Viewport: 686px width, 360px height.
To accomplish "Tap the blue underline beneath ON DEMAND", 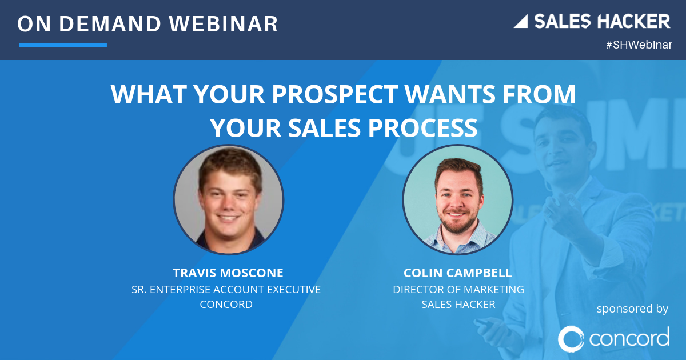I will point(63,45).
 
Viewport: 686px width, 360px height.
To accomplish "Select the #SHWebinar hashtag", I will point(639,45).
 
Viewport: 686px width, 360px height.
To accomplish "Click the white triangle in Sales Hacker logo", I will point(521,22).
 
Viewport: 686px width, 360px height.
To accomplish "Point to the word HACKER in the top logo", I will point(634,22).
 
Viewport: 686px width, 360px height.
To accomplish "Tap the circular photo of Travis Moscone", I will point(229,200).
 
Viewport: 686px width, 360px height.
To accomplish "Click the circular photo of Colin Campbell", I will point(457,200).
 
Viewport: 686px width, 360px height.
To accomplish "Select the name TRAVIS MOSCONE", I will point(228,273).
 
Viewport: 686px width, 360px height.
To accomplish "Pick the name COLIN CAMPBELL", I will point(458,273).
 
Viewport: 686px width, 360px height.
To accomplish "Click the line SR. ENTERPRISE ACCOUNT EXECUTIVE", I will point(226,290).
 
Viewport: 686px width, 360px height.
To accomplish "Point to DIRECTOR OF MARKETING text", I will point(458,290).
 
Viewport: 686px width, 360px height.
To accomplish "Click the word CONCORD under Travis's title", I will point(226,305).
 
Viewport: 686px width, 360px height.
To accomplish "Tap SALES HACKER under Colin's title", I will point(458,305).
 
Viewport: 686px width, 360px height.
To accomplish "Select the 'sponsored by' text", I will point(632,309).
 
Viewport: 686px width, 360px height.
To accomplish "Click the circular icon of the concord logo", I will point(571,338).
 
